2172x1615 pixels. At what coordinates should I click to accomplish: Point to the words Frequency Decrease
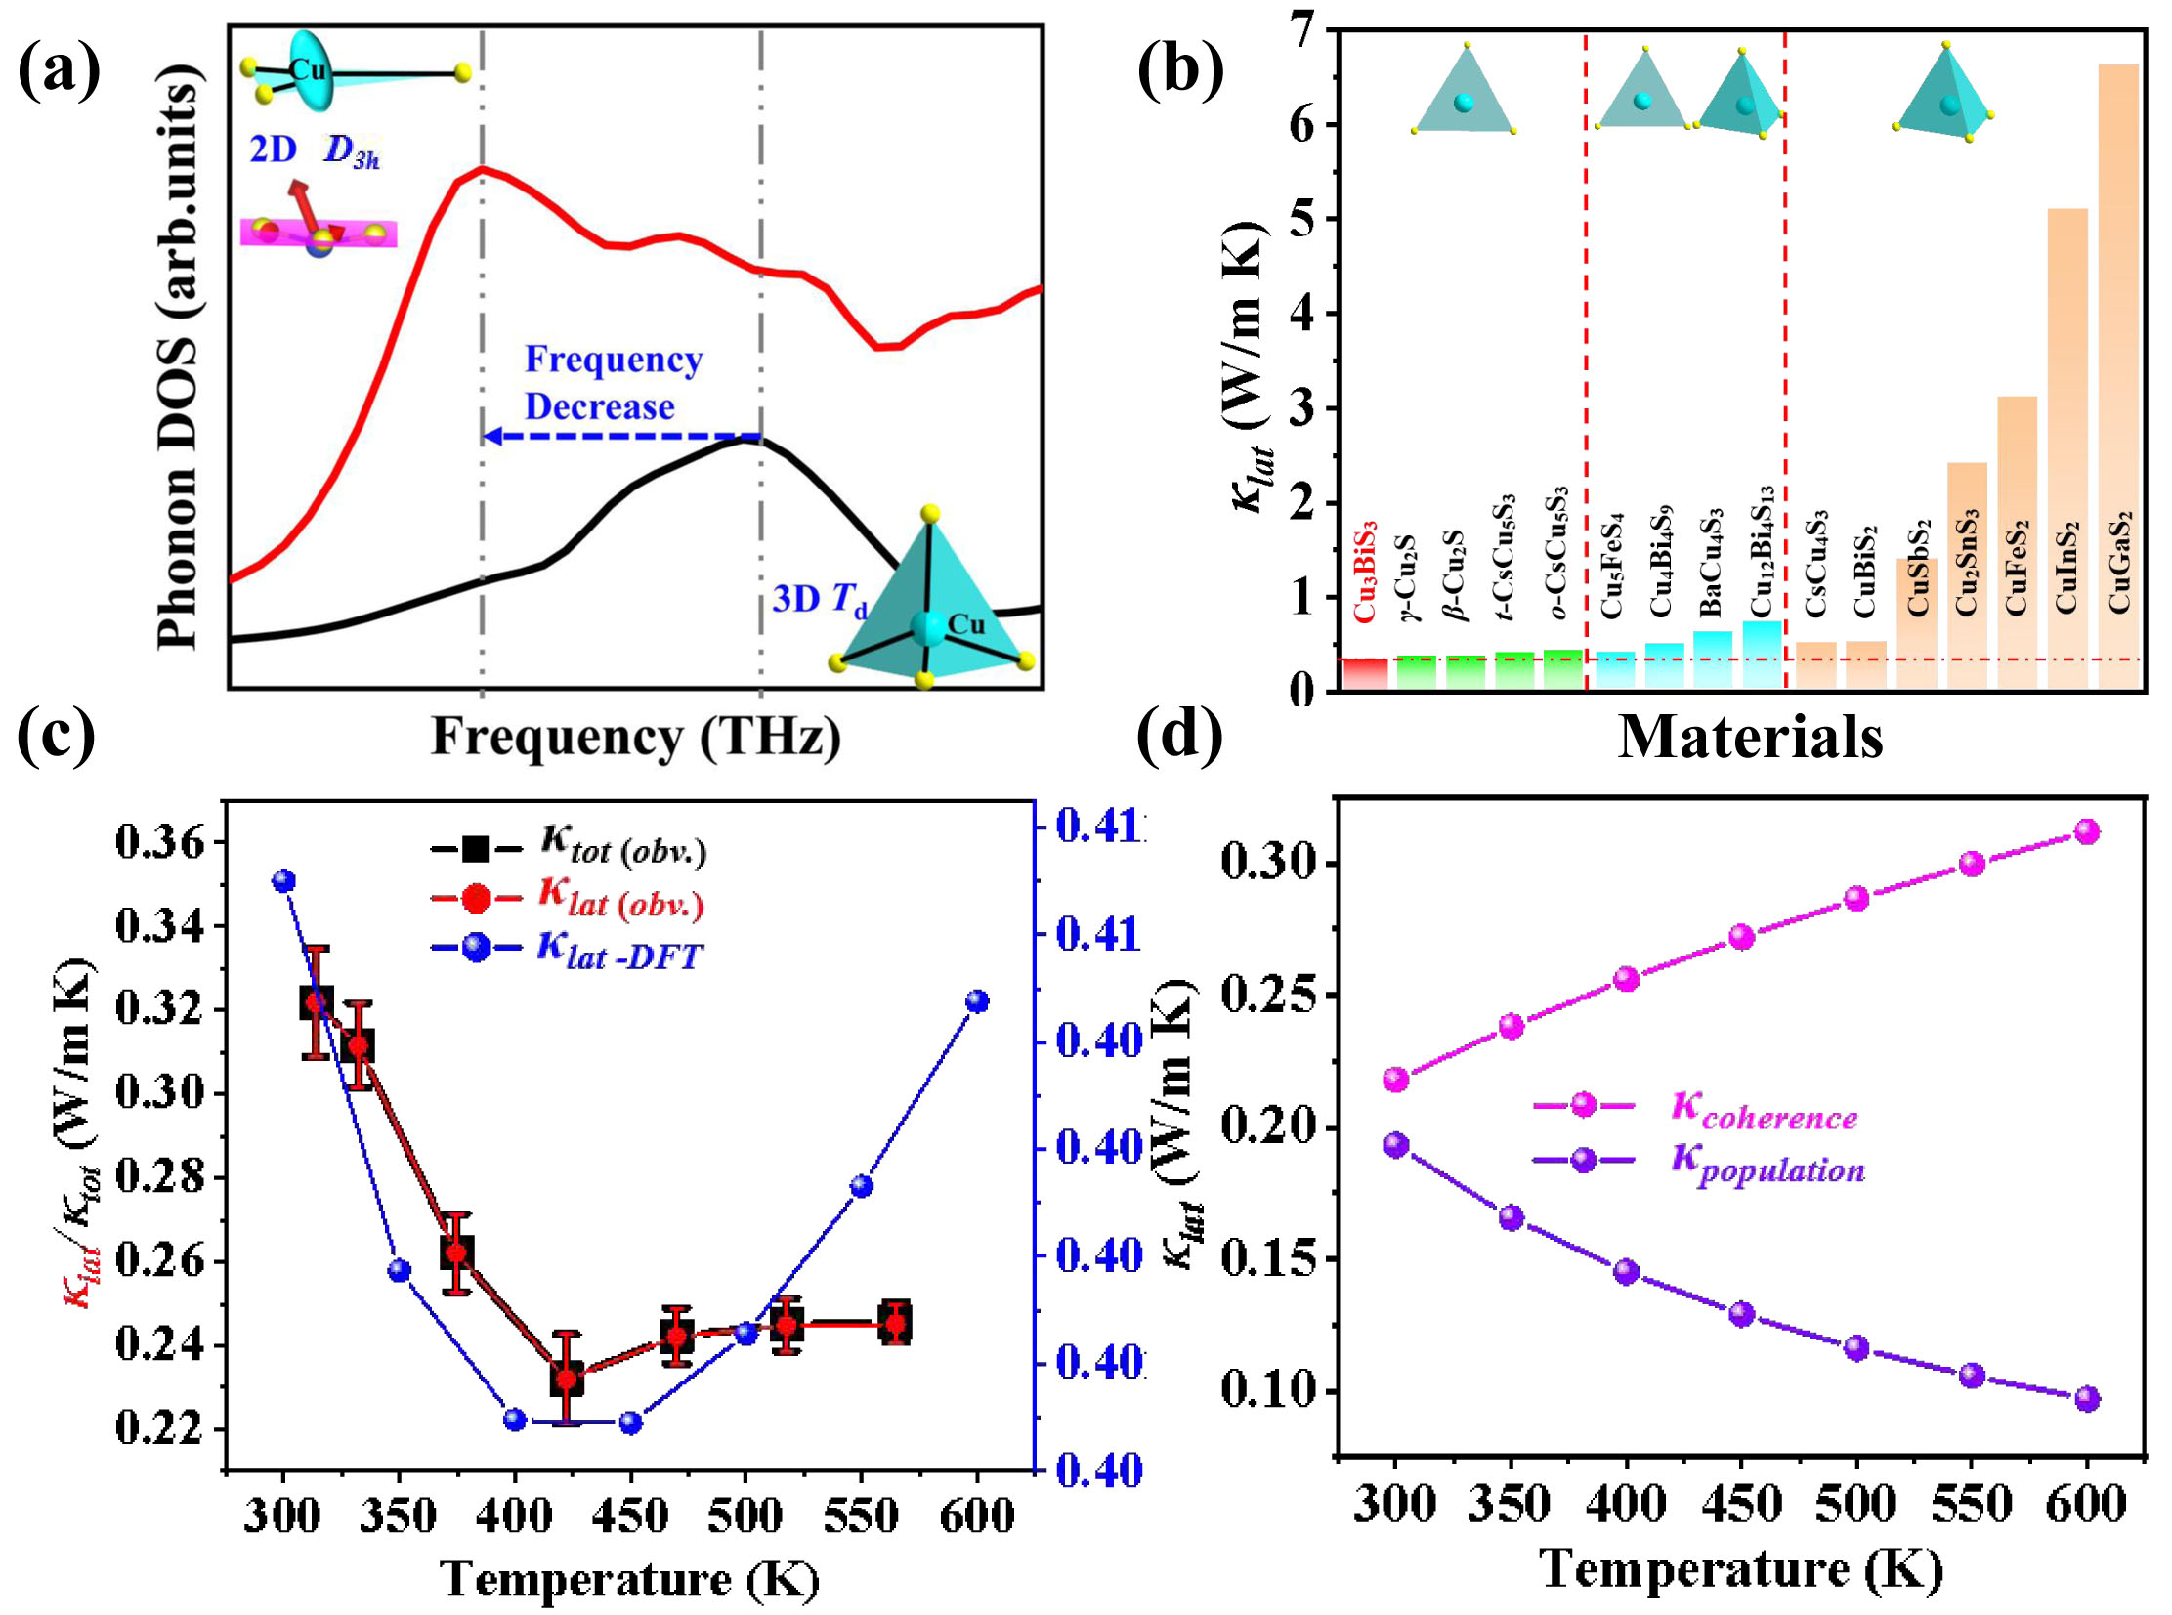613,383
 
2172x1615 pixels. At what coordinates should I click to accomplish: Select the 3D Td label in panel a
819,598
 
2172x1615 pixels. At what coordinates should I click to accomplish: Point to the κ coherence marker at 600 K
2087,832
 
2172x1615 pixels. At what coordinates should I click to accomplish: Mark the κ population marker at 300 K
1396,1145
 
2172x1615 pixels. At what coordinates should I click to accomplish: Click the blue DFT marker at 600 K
976,1001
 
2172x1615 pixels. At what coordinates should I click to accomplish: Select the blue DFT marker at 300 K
283,881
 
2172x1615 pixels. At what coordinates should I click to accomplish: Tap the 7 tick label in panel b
1303,31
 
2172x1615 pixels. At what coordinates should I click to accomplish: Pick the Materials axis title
1750,738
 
